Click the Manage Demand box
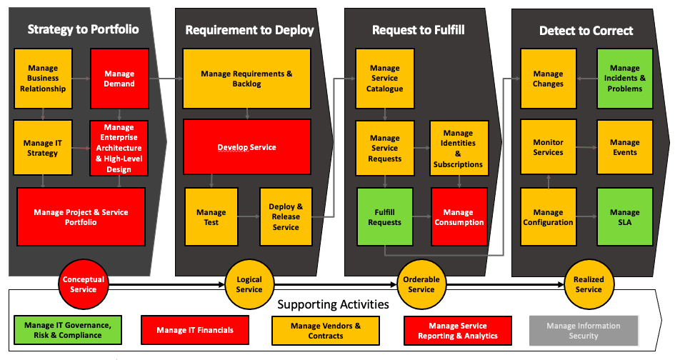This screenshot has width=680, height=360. tap(119, 79)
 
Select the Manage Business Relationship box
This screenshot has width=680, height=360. tap(43, 79)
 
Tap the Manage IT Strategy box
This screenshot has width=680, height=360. tap(43, 148)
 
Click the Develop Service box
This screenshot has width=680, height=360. tap(247, 147)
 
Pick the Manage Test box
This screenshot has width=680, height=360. tap(211, 217)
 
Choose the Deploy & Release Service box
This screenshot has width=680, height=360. tap(286, 217)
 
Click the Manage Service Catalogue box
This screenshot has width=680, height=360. tap(385, 79)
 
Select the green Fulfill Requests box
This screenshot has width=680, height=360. tap(385, 217)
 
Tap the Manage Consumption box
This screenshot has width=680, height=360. tap(459, 217)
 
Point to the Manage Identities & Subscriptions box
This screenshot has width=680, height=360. tap(459, 148)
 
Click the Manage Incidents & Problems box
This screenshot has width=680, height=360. tap(625, 79)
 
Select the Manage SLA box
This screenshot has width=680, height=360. tap(625, 217)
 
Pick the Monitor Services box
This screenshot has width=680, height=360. tap(549, 148)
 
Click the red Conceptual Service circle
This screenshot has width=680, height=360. tap(84, 284)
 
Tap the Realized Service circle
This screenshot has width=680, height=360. tap(589, 284)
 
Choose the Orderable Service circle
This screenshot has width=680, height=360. tap(421, 284)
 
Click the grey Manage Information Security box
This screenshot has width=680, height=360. tap(584, 331)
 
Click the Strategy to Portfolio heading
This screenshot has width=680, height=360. tap(83, 29)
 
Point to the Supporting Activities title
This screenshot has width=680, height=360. tap(333, 305)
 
